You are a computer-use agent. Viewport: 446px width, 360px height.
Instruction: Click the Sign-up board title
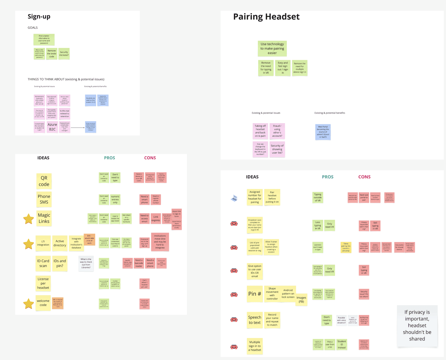coord(39,17)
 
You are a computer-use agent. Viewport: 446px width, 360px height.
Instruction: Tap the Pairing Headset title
coord(266,17)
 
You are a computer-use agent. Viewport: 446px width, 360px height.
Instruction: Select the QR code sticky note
coord(44,181)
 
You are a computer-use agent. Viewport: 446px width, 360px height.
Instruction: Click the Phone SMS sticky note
coord(44,199)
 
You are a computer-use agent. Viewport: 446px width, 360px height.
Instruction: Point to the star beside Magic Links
coord(29,219)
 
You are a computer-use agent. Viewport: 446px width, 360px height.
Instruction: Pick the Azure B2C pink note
coord(52,127)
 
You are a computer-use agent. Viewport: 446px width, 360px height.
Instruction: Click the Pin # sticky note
coord(255,294)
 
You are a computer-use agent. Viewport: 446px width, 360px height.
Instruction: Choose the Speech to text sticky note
coord(255,320)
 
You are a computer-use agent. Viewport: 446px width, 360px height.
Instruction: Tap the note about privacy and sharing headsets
coord(417,325)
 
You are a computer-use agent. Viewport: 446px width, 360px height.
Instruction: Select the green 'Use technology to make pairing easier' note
coord(272,48)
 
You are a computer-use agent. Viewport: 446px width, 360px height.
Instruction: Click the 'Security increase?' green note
coord(64,54)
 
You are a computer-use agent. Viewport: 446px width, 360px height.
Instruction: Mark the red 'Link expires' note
coord(156,218)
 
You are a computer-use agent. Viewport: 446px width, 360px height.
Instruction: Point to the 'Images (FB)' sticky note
coord(301,299)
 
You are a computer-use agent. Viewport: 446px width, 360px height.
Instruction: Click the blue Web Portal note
coord(323,132)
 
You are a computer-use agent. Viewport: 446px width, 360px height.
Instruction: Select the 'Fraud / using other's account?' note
coord(277,131)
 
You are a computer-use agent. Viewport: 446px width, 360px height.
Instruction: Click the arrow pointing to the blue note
coord(78,127)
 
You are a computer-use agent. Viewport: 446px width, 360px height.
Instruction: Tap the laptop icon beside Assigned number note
coord(234,198)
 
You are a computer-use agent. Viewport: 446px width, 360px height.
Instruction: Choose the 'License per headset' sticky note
coord(43,283)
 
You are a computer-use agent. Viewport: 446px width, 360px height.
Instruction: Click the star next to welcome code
coord(29,304)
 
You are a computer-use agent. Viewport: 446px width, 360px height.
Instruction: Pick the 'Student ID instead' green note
coord(342,344)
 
